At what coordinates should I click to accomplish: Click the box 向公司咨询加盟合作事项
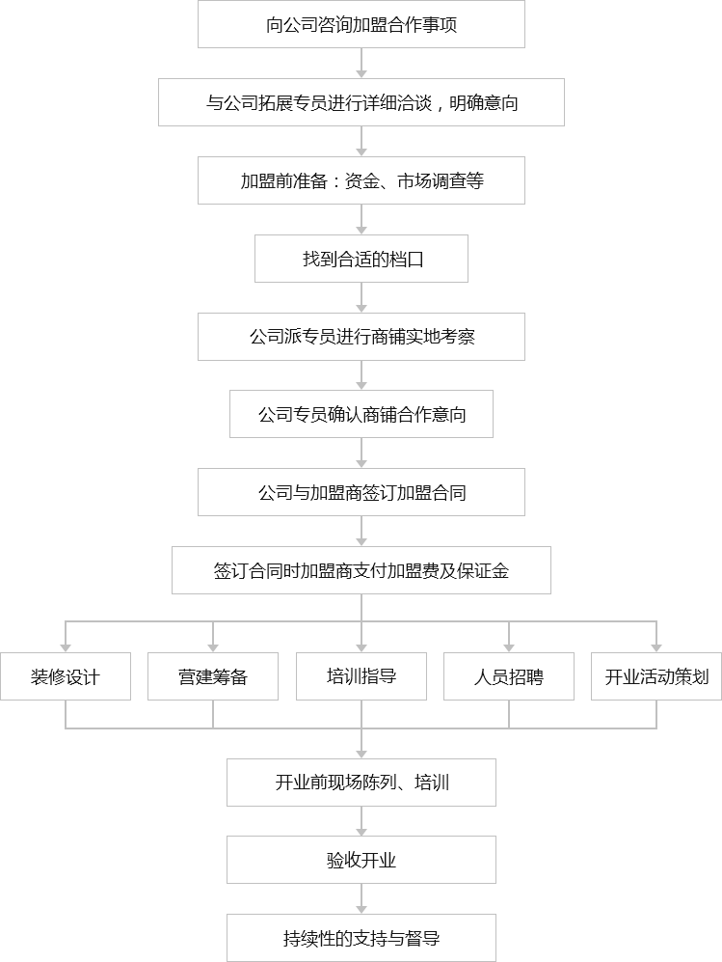click(x=361, y=25)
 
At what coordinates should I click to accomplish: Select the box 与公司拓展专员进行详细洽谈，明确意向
click(x=361, y=102)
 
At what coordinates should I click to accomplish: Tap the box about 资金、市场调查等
click(x=361, y=180)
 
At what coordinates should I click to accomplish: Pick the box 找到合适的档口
click(x=361, y=259)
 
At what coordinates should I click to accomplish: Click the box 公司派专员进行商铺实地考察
click(x=361, y=337)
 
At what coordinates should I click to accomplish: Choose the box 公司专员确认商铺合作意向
click(x=361, y=415)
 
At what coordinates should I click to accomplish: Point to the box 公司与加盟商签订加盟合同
click(x=361, y=492)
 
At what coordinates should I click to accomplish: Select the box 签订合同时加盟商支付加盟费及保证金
click(x=361, y=570)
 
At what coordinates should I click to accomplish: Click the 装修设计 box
click(x=66, y=676)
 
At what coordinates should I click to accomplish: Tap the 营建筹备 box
click(x=213, y=676)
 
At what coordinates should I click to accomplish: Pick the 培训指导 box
click(x=361, y=675)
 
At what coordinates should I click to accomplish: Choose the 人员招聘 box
click(x=509, y=676)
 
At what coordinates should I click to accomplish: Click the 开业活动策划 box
click(x=656, y=676)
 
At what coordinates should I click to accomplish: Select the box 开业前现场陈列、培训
click(x=361, y=783)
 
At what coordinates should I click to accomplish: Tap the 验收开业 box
click(x=361, y=860)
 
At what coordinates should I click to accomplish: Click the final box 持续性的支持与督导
click(x=361, y=938)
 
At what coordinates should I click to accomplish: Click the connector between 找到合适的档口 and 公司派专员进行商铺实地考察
click(x=361, y=297)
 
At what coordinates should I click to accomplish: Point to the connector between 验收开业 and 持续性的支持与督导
click(x=361, y=898)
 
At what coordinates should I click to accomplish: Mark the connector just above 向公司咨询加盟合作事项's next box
click(x=361, y=64)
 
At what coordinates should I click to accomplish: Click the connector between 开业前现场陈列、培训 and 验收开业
click(x=361, y=821)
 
